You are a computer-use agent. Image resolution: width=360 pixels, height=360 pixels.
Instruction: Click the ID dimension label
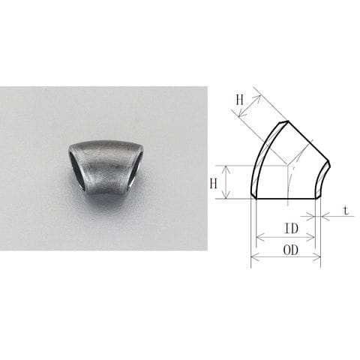click(291, 228)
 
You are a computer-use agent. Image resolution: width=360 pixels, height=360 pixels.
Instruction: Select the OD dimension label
click(291, 250)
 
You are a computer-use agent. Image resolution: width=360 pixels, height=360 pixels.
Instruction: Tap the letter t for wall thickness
click(346, 211)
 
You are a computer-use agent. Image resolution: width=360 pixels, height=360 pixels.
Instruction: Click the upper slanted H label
click(239, 100)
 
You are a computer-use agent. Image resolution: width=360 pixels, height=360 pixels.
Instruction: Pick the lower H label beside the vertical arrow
click(213, 184)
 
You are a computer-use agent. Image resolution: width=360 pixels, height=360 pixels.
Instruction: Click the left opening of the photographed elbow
click(77, 170)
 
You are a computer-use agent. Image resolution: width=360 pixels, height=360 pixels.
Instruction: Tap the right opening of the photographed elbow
click(136, 170)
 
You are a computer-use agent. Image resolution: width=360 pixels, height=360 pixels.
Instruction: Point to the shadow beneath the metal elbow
click(107, 200)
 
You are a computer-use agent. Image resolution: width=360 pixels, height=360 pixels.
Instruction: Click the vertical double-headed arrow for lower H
click(226, 182)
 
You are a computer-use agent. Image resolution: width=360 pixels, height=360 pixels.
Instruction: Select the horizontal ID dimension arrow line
click(286, 237)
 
